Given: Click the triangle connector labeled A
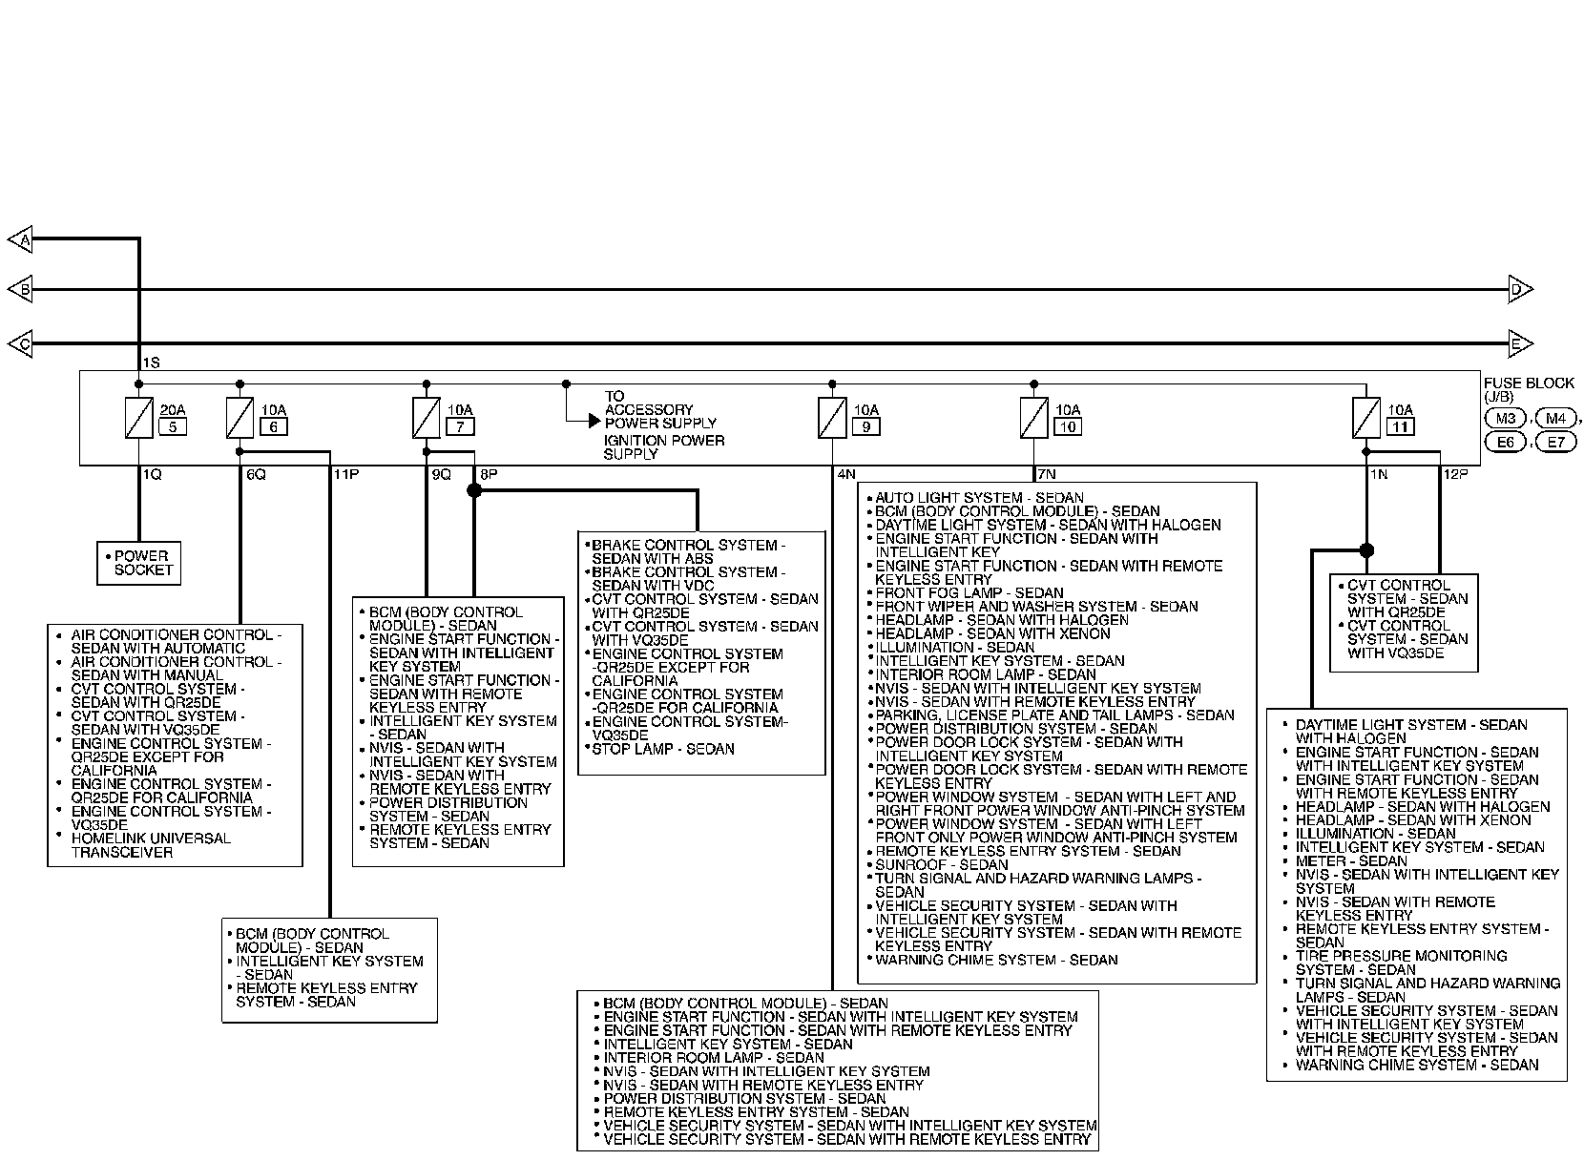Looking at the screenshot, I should pyautogui.click(x=20, y=240).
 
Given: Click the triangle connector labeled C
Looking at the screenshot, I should pyautogui.click(x=20, y=343).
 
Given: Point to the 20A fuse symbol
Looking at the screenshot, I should pyautogui.click(x=139, y=418).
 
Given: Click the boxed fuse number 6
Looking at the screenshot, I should pyautogui.click(x=273, y=426).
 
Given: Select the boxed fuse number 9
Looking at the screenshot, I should pyautogui.click(x=865, y=426).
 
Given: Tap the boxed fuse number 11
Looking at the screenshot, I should pyautogui.click(x=1400, y=426).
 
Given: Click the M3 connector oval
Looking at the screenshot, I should pyautogui.click(x=1506, y=418).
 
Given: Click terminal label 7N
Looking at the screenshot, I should pyautogui.click(x=1047, y=474).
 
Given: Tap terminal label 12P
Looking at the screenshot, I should pyautogui.click(x=1456, y=474).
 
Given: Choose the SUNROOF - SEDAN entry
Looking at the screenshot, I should pyautogui.click(x=941, y=864).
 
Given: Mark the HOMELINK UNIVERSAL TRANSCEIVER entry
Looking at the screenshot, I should pyautogui.click(x=151, y=845).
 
